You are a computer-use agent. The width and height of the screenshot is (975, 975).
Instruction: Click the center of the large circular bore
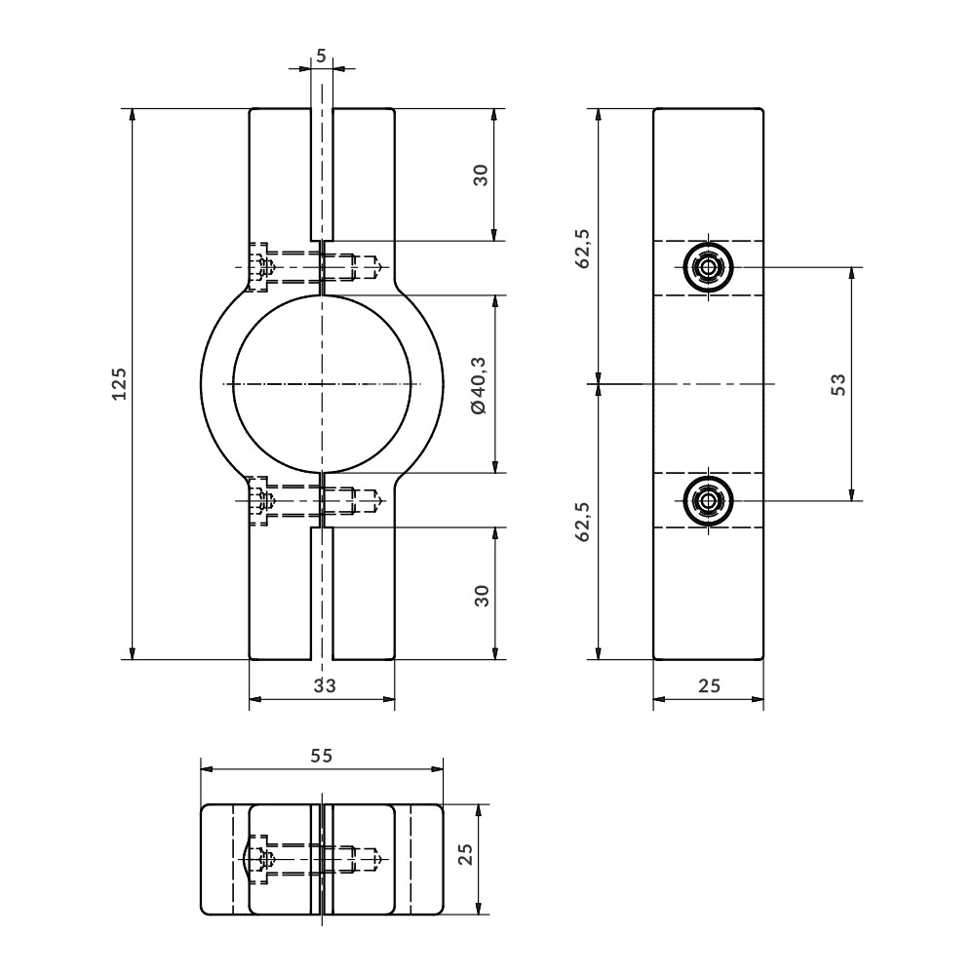[322, 383]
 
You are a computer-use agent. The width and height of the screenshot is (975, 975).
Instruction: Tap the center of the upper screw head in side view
[708, 267]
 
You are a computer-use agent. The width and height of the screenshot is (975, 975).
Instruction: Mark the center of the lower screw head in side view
[708, 500]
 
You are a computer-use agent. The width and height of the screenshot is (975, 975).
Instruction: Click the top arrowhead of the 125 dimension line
[132, 109]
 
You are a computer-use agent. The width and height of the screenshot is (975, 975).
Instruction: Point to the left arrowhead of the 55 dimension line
[201, 769]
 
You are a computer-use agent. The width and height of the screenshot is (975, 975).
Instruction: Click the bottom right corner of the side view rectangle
[763, 659]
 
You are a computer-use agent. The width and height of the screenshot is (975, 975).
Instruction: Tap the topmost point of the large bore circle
[322, 294]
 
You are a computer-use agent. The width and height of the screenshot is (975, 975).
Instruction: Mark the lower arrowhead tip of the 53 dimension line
[851, 500]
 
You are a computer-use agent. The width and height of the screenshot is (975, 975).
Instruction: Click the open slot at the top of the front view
[322, 175]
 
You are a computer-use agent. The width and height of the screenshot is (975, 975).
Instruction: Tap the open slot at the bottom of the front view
[322, 593]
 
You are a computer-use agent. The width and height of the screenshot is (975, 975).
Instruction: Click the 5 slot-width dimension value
[321, 56]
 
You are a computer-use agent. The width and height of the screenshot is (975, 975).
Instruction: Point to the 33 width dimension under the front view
[325, 685]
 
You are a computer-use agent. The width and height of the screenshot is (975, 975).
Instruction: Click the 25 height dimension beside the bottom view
[466, 853]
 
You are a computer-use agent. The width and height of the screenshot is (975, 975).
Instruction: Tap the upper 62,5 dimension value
[583, 248]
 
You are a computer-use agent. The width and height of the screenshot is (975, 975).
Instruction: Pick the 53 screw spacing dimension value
[838, 384]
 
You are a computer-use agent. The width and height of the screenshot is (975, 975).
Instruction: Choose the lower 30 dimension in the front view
[482, 595]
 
